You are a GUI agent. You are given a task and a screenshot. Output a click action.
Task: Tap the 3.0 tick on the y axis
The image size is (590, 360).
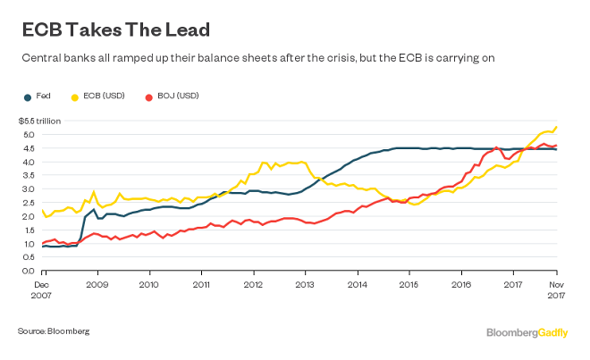28,188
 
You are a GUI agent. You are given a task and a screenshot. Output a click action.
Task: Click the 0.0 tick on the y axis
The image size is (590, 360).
28,271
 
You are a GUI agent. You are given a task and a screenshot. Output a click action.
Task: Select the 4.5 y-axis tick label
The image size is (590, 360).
28,148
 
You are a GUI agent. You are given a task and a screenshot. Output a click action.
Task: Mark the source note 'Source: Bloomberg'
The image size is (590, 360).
53,331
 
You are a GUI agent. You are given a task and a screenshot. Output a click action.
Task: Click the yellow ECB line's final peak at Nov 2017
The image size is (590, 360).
557,127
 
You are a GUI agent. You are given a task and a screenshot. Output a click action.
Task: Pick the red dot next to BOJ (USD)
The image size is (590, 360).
149,95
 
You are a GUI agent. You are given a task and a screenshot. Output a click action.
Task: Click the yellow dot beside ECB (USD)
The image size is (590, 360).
76,95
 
